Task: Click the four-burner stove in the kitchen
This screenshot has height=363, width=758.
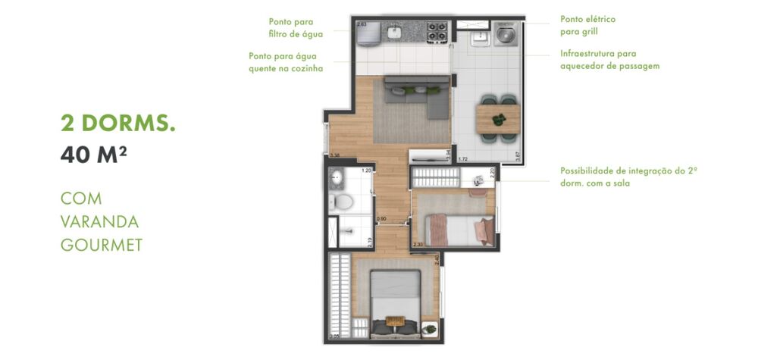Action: tap(437, 31)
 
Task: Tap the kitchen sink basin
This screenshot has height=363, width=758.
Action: tap(393, 32)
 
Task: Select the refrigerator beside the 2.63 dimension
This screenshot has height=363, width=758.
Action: tap(364, 34)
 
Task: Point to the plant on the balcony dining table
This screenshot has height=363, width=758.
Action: tap(499, 119)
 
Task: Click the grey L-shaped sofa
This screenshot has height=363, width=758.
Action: tap(415, 97)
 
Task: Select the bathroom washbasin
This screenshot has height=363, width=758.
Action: tap(337, 179)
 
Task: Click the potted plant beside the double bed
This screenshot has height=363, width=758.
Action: tap(430, 330)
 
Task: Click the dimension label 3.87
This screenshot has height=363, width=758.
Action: tap(517, 156)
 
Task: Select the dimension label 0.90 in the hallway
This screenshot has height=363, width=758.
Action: tap(382, 218)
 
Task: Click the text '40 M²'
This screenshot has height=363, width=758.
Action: tap(93, 155)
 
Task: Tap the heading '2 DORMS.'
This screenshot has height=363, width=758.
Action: tap(117, 123)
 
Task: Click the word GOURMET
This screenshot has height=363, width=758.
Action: tap(102, 245)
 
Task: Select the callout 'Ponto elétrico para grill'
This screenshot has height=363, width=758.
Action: tap(587, 26)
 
